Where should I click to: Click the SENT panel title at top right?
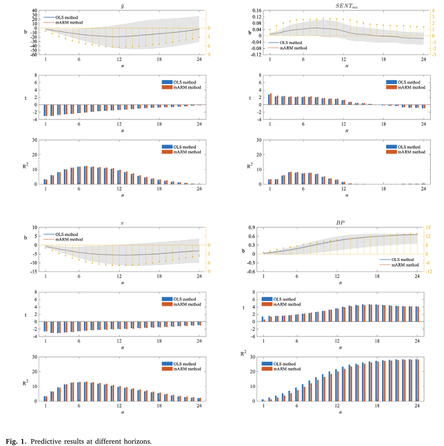(346, 5)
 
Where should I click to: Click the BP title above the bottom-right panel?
(346, 222)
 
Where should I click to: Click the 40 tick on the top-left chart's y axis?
(35, 10)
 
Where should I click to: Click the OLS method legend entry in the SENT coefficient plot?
(291, 42)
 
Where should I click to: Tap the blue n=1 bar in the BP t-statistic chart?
(262, 319)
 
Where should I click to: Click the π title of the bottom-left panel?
(122, 223)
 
